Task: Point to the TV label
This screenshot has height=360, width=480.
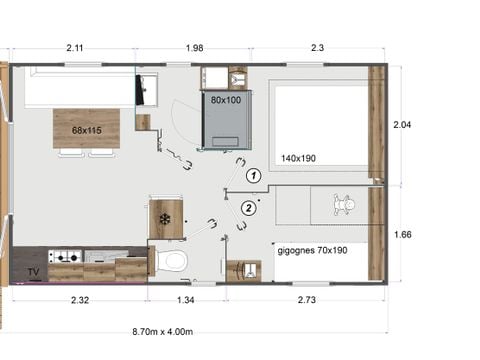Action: pyautogui.click(x=34, y=271)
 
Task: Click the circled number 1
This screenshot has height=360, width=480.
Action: pyautogui.click(x=254, y=175)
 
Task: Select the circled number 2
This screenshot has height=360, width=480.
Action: pyautogui.click(x=246, y=208)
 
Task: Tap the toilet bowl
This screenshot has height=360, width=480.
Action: pyautogui.click(x=172, y=261)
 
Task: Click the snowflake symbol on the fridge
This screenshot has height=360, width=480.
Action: pyautogui.click(x=165, y=219)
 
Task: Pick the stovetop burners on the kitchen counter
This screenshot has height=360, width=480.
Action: pyautogui.click(x=66, y=256)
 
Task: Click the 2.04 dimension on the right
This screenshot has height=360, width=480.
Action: pyautogui.click(x=402, y=125)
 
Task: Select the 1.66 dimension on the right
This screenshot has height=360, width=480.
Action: pyautogui.click(x=402, y=235)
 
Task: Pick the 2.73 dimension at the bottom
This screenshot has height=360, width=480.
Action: pyautogui.click(x=306, y=300)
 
